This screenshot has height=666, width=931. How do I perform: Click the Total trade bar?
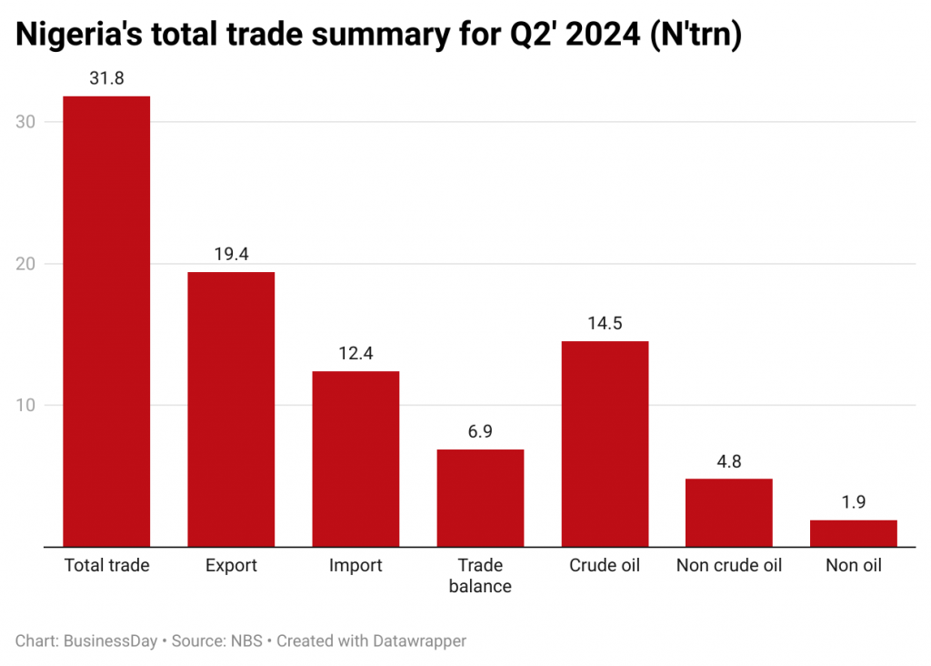click(x=106, y=321)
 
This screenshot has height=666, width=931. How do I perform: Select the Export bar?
click(x=231, y=409)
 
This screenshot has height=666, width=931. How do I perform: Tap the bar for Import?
click(x=355, y=459)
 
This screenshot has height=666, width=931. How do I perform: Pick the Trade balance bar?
click(x=480, y=498)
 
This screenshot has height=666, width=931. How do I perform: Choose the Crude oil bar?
click(x=605, y=444)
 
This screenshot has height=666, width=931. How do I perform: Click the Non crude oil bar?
click(x=729, y=512)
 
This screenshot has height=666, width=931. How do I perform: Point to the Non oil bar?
click(x=854, y=533)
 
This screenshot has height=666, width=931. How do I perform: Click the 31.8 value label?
click(x=106, y=78)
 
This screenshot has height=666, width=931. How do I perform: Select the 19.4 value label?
click(x=231, y=255)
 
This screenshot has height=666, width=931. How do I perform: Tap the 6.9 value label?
click(x=480, y=432)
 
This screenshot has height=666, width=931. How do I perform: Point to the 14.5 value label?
click(x=605, y=324)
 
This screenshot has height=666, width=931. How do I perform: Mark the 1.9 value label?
click(x=854, y=502)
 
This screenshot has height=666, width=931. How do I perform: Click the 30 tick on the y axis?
click(x=27, y=122)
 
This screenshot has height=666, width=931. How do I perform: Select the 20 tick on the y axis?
click(x=27, y=264)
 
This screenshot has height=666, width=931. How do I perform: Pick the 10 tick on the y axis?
click(x=27, y=405)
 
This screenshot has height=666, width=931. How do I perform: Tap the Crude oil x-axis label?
click(x=605, y=566)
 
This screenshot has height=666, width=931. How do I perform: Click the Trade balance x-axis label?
click(x=480, y=576)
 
